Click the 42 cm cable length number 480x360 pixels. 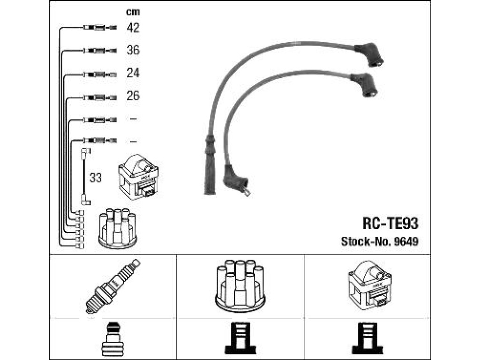[133, 28]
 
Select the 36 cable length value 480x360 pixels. [133, 50]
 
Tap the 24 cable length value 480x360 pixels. [133, 73]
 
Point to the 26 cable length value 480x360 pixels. [133, 96]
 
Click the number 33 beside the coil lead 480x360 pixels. [96, 178]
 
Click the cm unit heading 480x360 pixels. [133, 12]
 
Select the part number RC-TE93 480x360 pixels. [390, 224]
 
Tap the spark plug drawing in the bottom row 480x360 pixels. [112, 286]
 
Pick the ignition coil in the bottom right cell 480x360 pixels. [369, 285]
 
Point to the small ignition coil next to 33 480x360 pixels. [138, 177]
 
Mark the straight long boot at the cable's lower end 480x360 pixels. [210, 165]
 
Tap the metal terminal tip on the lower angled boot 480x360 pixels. [247, 192]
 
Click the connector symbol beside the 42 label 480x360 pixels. [99, 28]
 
